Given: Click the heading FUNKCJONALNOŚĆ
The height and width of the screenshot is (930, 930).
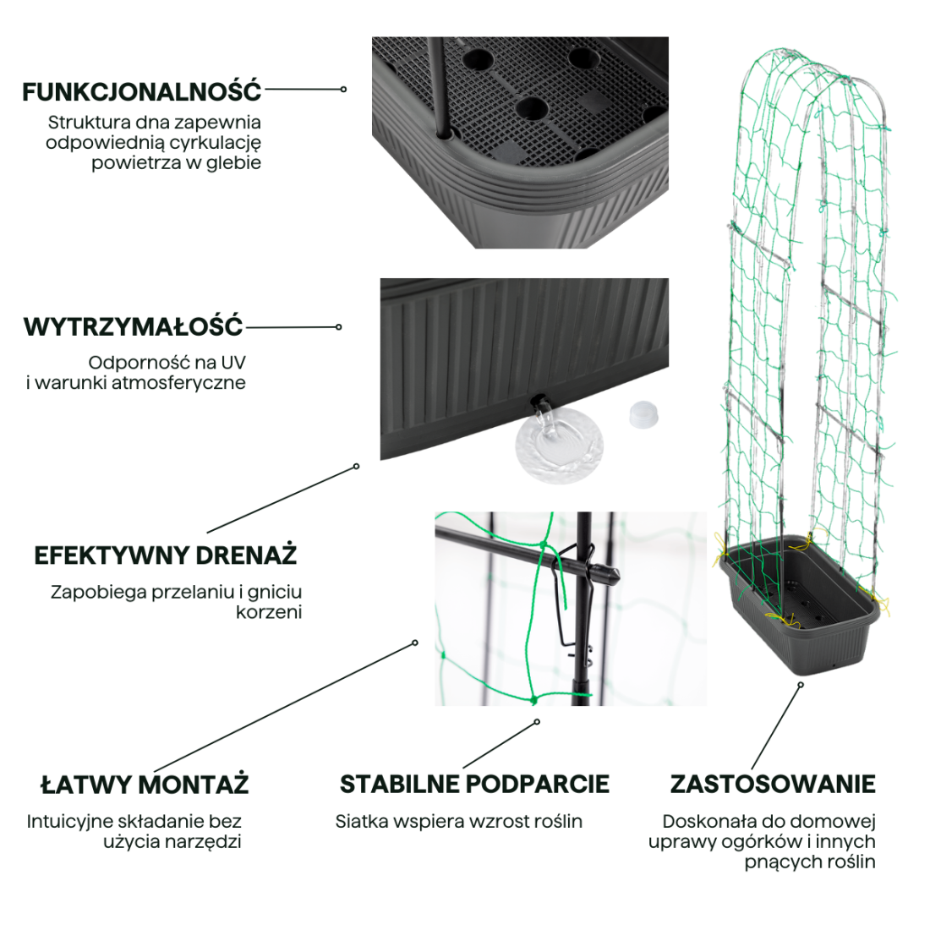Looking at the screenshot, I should pyautogui.click(x=142, y=91).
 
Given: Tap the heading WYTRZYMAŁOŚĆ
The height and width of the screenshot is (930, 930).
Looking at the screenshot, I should pyautogui.click(x=134, y=326).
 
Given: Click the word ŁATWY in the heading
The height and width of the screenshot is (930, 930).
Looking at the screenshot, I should pyautogui.click(x=86, y=785).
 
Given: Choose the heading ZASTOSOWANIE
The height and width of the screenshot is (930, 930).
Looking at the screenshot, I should pyautogui.click(x=773, y=785).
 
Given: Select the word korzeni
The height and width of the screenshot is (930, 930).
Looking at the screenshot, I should pyautogui.click(x=269, y=612).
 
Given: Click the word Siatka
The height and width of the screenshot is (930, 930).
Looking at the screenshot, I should pyautogui.click(x=361, y=821).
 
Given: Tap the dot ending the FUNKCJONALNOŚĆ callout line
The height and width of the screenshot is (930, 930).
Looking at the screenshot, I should pyautogui.click(x=344, y=89).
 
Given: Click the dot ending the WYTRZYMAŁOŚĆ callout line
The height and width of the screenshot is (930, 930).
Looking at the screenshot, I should pyautogui.click(x=339, y=327).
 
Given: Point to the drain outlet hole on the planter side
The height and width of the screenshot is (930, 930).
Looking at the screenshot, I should pyautogui.click(x=536, y=398).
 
